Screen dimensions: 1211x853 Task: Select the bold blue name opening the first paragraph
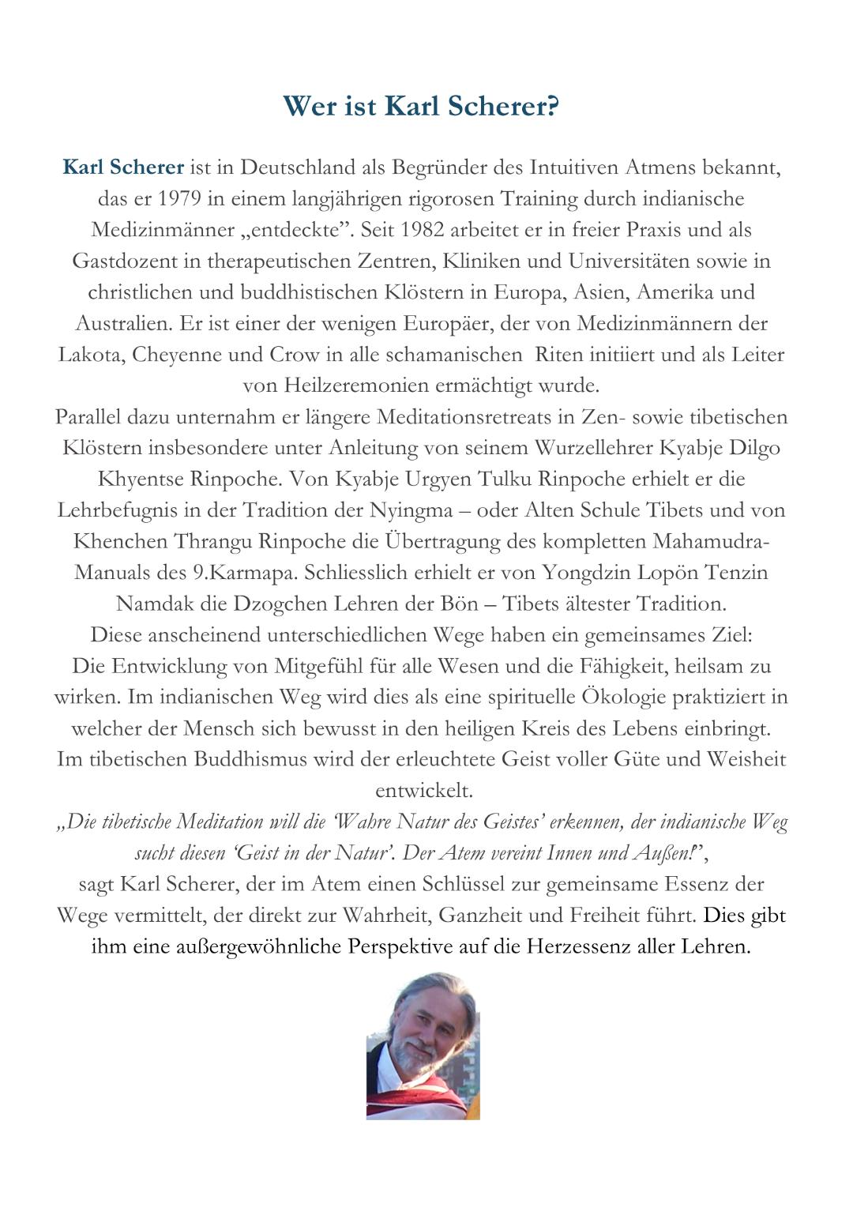pyautogui.click(x=123, y=167)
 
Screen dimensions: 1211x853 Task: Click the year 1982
pyautogui.click(x=427, y=230)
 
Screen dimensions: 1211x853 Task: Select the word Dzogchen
pyautogui.click(x=283, y=604)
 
